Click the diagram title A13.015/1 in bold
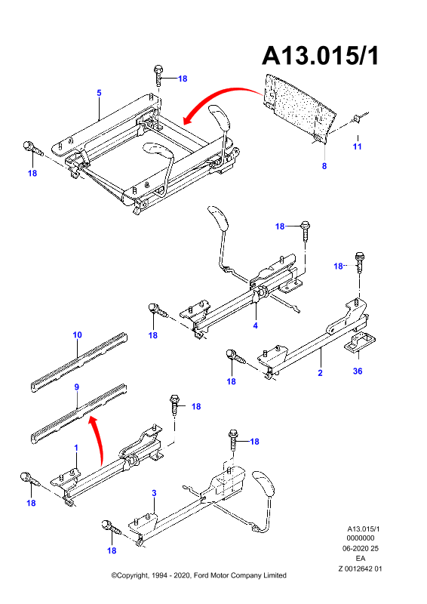[x=321, y=56]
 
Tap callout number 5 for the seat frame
[x=99, y=93]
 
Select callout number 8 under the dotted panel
[x=324, y=166]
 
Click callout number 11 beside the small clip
[x=358, y=146]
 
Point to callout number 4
[x=255, y=325]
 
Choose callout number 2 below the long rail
[x=320, y=372]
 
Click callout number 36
[x=358, y=371]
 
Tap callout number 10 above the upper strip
[x=78, y=334]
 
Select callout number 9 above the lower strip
[x=77, y=387]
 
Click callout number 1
[x=76, y=448]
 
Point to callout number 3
[x=154, y=493]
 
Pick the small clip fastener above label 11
[x=358, y=119]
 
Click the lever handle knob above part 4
[x=218, y=217]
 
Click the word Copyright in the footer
[x=133, y=575]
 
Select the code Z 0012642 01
[x=360, y=569]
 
